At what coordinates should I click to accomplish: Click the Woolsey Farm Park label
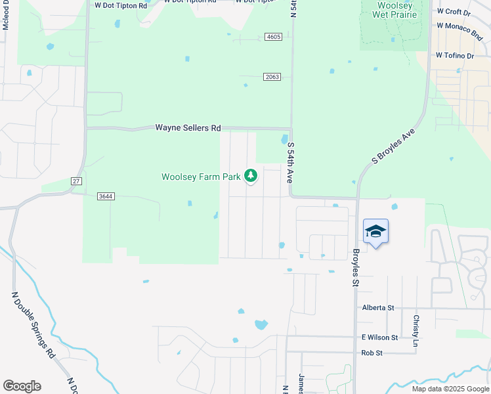pos(201,177)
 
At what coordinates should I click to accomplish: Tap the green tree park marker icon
pos(250,175)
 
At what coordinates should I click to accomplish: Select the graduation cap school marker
pos(375,231)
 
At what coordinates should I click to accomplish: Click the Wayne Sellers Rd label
pos(188,128)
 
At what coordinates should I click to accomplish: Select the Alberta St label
pos(377,307)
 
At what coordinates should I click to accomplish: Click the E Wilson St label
pos(379,337)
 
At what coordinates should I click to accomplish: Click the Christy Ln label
pos(416,331)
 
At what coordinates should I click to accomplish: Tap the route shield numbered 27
pos(76,181)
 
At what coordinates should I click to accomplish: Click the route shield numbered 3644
pos(104,196)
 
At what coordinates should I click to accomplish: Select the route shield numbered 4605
pos(274,37)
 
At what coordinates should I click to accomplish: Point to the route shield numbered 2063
pos(272,77)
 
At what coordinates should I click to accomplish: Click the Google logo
pos(22,386)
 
